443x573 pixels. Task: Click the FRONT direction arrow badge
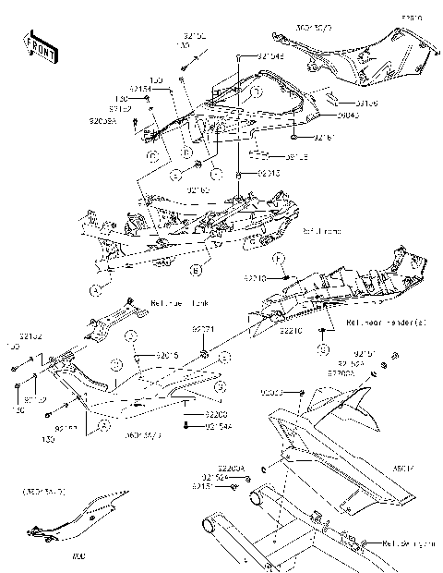(x=37, y=45)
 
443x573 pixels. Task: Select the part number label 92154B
(x=270, y=56)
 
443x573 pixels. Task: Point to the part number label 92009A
(x=104, y=120)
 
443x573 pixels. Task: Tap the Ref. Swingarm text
(x=407, y=544)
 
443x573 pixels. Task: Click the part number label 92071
(x=203, y=329)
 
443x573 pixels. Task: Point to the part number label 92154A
(x=218, y=426)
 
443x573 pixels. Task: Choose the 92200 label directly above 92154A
(x=216, y=415)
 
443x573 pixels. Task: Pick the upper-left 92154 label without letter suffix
(x=140, y=89)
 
